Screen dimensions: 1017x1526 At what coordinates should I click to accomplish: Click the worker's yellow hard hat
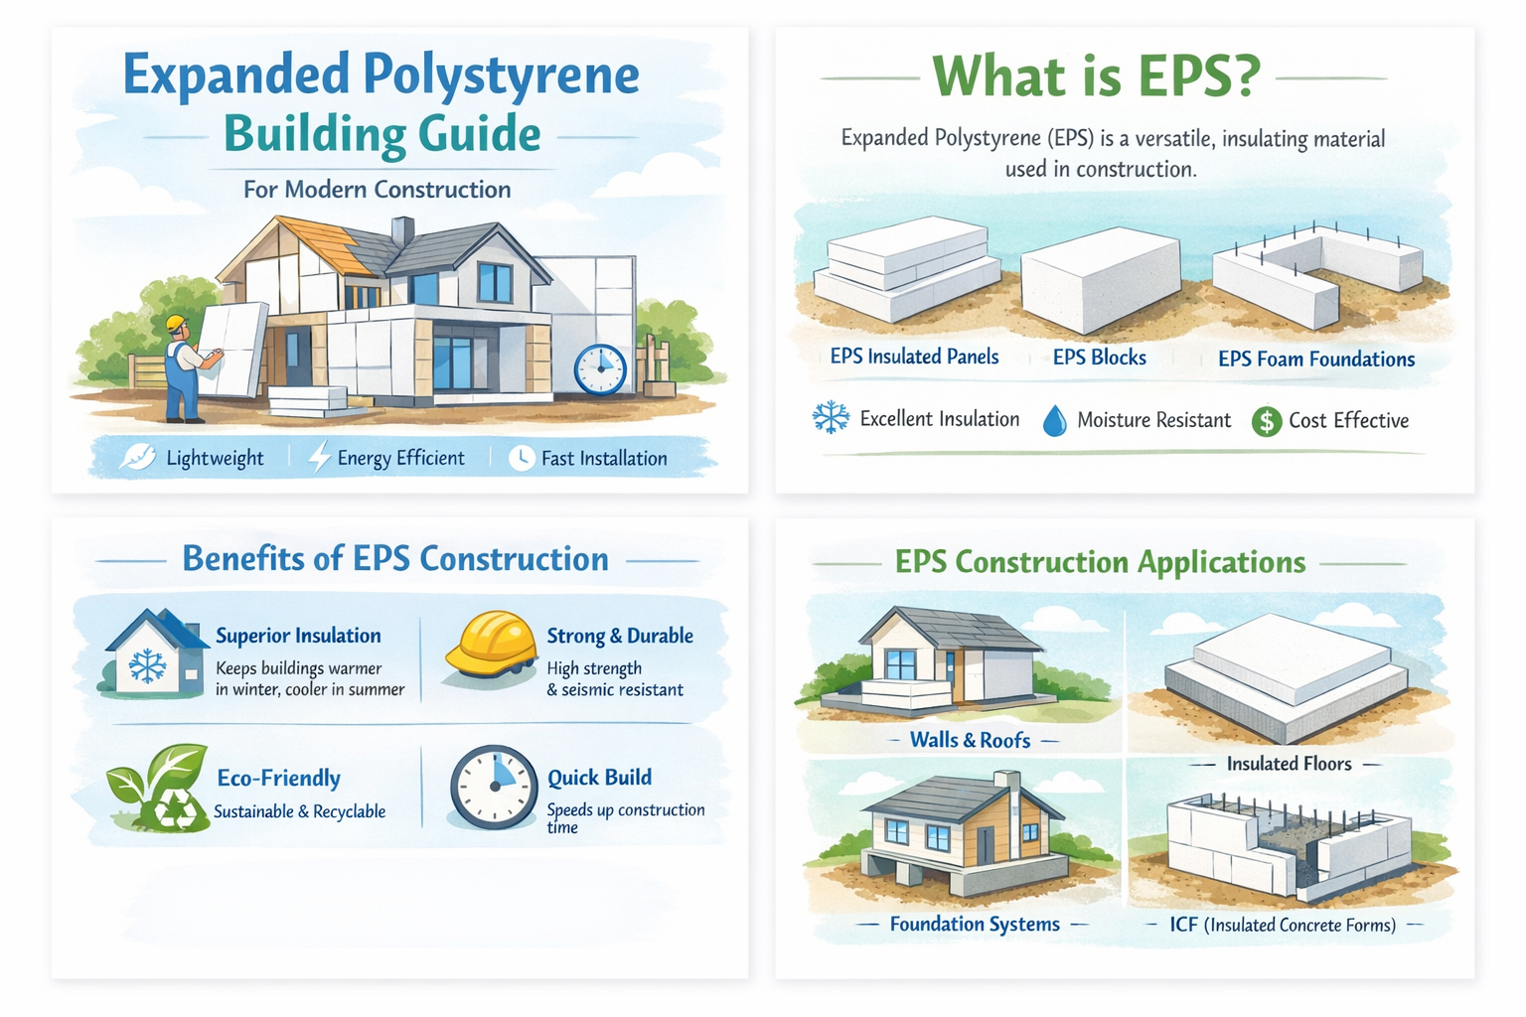177,325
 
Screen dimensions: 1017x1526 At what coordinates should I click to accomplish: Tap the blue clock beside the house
600,369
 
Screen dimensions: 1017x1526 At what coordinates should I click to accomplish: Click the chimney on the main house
402,230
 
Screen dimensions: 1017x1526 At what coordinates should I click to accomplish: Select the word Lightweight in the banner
215,458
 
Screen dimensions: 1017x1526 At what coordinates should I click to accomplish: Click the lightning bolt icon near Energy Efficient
319,457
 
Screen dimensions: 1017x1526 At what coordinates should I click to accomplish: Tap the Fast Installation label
603,458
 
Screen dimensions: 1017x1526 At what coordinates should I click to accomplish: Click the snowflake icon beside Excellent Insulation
831,418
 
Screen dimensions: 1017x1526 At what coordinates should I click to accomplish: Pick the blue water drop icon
1054,421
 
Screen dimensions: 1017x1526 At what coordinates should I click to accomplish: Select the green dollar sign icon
1267,421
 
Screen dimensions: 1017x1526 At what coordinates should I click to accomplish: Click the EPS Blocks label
1099,358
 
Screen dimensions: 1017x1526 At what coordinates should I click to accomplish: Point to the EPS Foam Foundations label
1316,359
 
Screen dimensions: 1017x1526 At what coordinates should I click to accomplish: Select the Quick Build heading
599,777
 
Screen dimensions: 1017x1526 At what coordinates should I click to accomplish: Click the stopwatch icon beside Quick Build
494,787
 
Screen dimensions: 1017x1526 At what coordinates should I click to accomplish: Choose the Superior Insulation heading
298,636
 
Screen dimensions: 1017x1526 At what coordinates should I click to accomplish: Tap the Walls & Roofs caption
970,740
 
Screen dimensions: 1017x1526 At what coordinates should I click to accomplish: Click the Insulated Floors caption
1289,764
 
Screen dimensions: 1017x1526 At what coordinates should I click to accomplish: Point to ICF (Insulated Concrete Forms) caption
1283,925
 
